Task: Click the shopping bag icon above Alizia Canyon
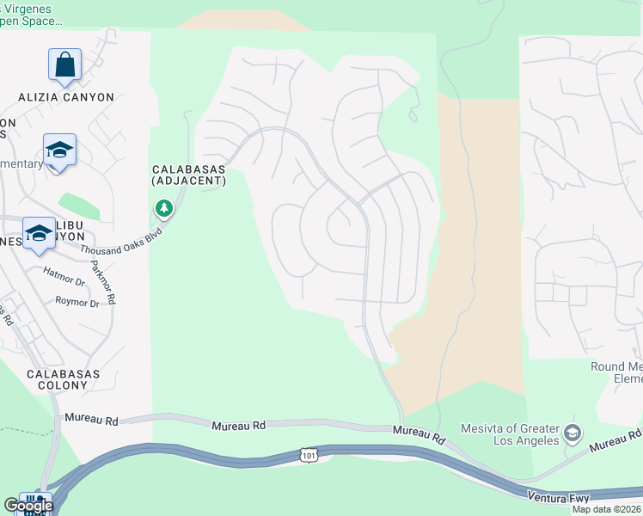click(x=64, y=64)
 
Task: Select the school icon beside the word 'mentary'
click(x=59, y=150)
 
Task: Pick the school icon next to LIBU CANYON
click(x=39, y=234)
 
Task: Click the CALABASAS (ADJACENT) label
click(x=188, y=175)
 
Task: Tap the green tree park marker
click(x=163, y=208)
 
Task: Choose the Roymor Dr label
click(x=78, y=302)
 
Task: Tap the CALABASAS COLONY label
click(x=63, y=379)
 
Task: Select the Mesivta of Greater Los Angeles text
click(x=510, y=435)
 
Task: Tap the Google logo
click(x=28, y=506)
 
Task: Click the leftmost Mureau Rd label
click(x=91, y=419)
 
